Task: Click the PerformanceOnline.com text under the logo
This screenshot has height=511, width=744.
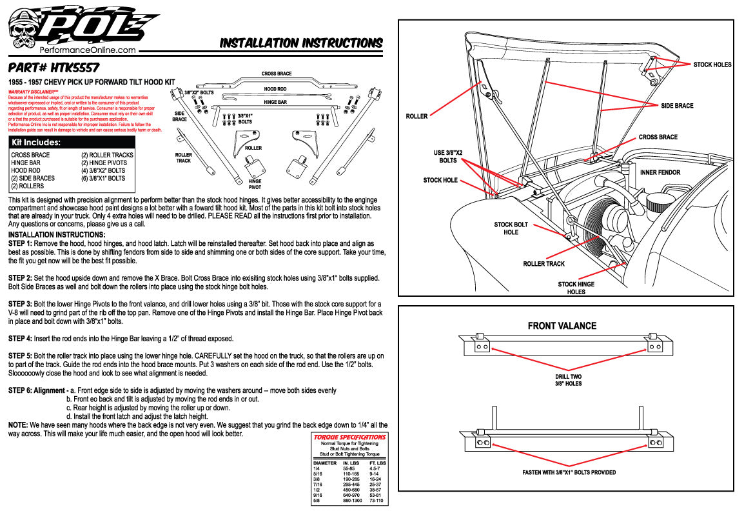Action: [x=88, y=50]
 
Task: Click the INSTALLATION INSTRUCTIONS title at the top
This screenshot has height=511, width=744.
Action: [x=301, y=43]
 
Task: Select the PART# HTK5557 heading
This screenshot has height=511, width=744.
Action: [x=54, y=67]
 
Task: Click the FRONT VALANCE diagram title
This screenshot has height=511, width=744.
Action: [x=562, y=326]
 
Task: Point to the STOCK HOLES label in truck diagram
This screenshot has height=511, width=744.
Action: [x=712, y=65]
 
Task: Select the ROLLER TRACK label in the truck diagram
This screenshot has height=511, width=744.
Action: [x=544, y=264]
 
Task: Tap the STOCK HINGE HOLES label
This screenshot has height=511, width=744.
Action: [x=576, y=288]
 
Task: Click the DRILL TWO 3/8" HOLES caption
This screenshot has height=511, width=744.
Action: [x=568, y=380]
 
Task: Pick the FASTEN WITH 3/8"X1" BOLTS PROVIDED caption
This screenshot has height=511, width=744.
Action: [x=569, y=472]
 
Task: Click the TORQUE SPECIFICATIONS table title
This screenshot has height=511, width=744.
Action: [x=349, y=437]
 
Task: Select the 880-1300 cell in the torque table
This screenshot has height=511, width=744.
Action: [x=351, y=501]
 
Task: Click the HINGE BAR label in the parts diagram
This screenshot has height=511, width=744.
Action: [x=275, y=102]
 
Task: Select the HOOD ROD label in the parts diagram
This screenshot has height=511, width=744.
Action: [x=275, y=88]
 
